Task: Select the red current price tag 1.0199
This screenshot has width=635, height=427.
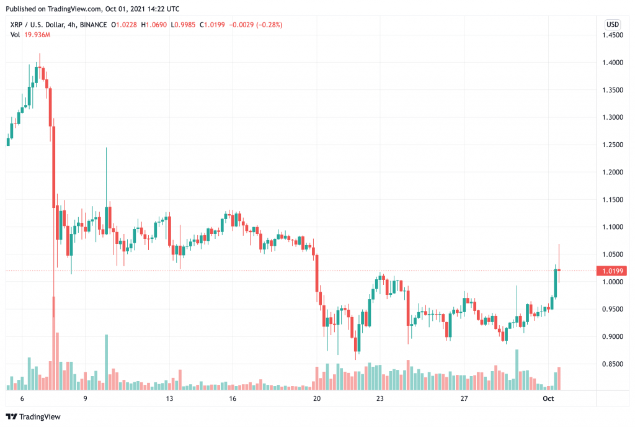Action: pyautogui.click(x=611, y=271)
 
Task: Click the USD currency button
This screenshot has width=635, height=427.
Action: pyautogui.click(x=612, y=24)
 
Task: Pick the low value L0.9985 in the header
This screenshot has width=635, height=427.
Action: pyautogui.click(x=190, y=25)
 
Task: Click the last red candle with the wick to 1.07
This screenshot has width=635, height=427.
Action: pyautogui.click(x=559, y=269)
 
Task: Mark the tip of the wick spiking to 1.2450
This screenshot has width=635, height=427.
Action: pyautogui.click(x=107, y=148)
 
